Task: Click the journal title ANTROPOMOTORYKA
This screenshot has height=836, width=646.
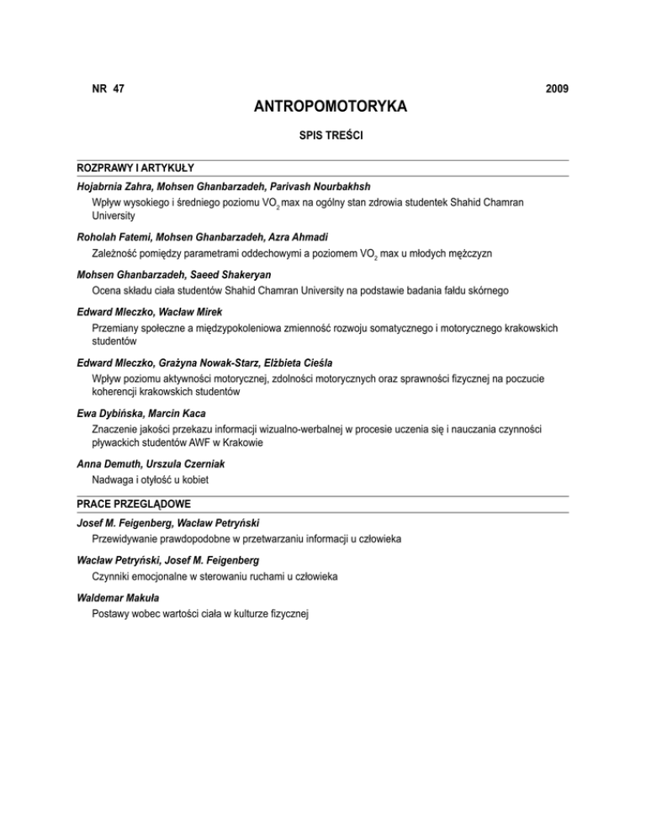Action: pyautogui.click(x=323, y=107)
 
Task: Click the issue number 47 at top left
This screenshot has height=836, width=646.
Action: pyautogui.click(x=118, y=88)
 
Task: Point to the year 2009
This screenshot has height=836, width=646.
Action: pyautogui.click(x=555, y=88)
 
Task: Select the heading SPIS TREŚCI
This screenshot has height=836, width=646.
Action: pyautogui.click(x=323, y=135)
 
